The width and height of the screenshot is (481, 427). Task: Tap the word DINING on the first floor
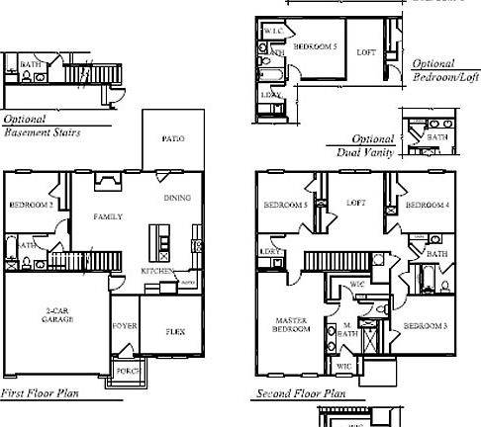click(177, 199)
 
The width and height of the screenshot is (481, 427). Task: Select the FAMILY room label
click(108, 214)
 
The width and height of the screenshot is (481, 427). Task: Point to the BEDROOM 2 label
click(31, 205)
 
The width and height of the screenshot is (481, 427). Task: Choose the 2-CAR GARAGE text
click(55, 316)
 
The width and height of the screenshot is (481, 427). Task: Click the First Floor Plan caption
click(42, 393)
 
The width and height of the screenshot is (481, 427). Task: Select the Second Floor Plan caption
click(301, 393)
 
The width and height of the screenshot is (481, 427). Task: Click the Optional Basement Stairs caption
click(42, 125)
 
